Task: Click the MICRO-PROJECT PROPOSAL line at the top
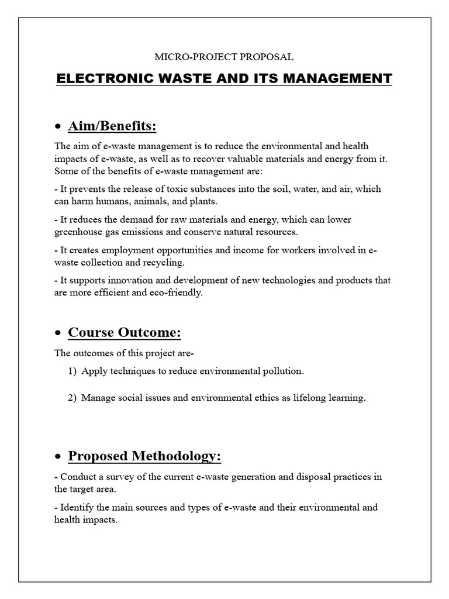[223, 57]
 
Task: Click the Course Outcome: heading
[125, 332]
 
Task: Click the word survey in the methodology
[119, 477]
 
